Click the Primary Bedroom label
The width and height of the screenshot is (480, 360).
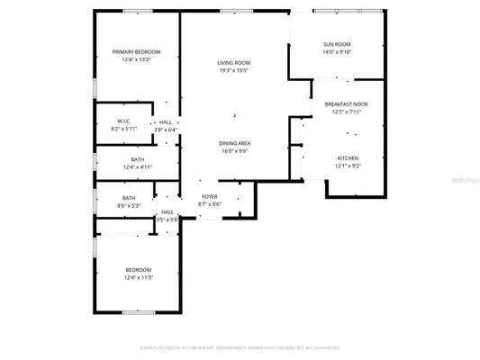[136, 52]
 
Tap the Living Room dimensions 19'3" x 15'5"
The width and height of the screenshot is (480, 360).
[233, 70]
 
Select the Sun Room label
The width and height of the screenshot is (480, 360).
[337, 44]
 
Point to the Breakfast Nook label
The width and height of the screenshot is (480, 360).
[346, 104]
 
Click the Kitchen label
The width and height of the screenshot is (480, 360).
[347, 158]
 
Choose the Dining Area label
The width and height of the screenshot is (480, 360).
[234, 143]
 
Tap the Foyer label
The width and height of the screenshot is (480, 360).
[210, 196]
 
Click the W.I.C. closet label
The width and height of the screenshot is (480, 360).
[124, 121]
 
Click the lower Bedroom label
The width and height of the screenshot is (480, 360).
[138, 270]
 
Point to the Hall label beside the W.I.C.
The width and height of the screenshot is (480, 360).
[166, 122]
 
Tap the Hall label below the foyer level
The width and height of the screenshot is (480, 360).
[168, 211]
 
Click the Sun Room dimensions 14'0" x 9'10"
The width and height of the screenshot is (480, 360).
[337, 52]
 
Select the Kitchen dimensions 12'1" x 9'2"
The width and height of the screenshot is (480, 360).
[347, 166]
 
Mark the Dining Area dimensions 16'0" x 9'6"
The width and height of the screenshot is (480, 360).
[234, 151]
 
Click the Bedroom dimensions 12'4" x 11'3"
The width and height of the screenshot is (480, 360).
[138, 278]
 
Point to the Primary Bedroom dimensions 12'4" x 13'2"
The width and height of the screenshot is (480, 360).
[136, 60]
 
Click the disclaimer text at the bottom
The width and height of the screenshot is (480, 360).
[240, 346]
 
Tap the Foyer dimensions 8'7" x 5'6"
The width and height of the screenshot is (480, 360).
[210, 204]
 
